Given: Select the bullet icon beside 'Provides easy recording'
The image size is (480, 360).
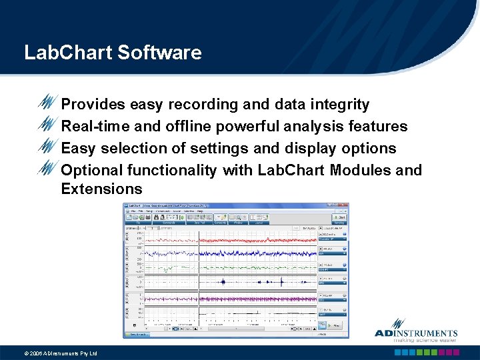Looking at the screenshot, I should pos(49,103).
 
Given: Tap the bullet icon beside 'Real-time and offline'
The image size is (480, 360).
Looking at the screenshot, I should pos(49,125).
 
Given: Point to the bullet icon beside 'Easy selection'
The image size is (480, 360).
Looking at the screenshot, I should pos(49,147).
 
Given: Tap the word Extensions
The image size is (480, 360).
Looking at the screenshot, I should pos(101,189).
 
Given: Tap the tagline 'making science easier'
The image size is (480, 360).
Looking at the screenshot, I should pos(425,340).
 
